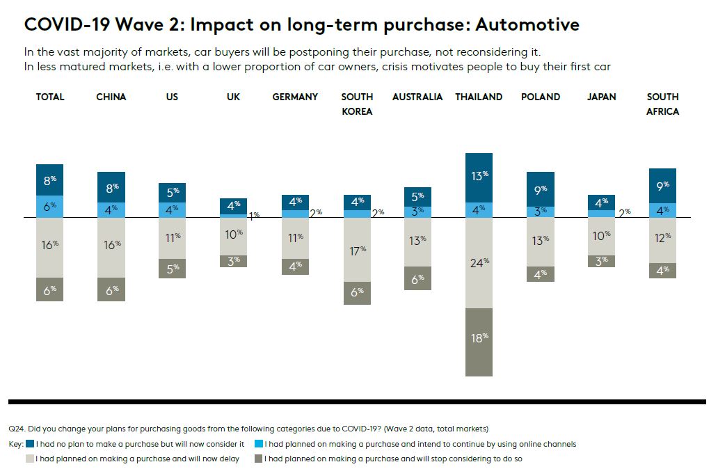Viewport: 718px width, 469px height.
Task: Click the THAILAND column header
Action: coord(478,97)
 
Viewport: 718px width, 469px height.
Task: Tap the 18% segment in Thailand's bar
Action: coord(479,342)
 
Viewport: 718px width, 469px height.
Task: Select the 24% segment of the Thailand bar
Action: coord(479,262)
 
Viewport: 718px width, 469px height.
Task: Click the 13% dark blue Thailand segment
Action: coord(479,177)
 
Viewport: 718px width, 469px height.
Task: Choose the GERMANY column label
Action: coord(295,97)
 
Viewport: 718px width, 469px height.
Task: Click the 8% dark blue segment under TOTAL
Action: coord(50,180)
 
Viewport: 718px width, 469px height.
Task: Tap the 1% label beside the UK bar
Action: coord(254,215)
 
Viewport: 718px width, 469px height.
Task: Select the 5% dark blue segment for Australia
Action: coord(417,197)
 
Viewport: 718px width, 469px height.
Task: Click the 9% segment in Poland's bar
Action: coord(541,189)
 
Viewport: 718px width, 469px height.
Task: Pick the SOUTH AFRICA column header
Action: coord(662,104)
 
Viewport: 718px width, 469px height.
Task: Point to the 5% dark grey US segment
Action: coord(173,268)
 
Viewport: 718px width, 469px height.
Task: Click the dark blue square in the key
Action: coord(30,444)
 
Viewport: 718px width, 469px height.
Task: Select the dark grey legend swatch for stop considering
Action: coord(258,459)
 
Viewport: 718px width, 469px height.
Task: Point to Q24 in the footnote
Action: coord(16,429)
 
